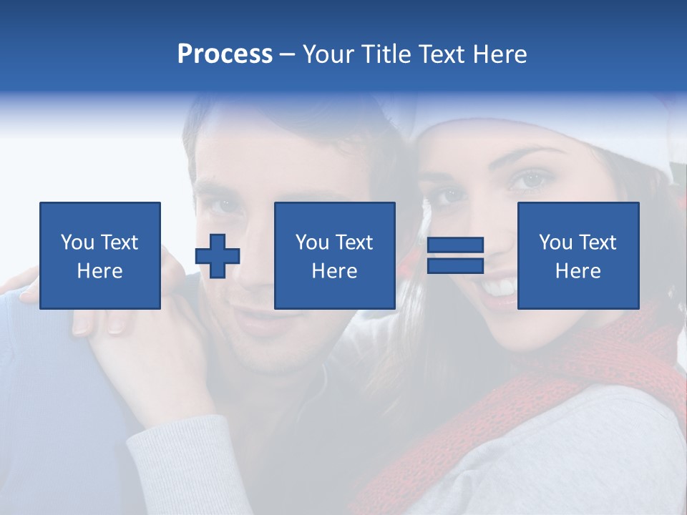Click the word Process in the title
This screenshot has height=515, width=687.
coord(225,54)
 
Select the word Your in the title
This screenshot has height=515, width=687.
coord(328,54)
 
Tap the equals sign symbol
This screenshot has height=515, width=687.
coord(455,255)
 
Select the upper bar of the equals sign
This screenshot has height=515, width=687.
coord(455,245)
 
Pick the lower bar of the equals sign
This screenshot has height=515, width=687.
coord(455,265)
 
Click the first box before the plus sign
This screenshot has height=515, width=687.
coord(100,255)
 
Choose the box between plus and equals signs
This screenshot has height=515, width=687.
coord(334,255)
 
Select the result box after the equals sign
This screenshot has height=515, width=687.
coord(578,255)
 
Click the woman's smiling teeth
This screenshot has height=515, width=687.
coord(500,288)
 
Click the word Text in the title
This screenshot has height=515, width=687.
coord(440,54)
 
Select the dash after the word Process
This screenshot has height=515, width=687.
coord(287,54)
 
